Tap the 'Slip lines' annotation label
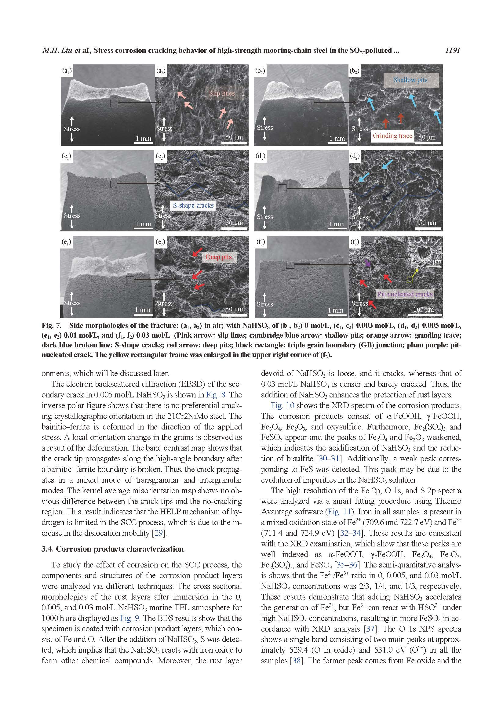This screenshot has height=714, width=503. point(221,93)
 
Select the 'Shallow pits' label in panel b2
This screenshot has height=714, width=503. point(410,80)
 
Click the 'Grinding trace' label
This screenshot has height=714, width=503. point(392,136)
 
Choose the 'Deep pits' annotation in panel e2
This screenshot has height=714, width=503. point(218,257)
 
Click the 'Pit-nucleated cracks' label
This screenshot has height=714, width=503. point(405,294)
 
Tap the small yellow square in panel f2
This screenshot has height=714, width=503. point(410,280)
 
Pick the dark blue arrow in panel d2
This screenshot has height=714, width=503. point(387,196)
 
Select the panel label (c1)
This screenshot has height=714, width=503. point(67,156)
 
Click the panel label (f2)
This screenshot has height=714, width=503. point(355,242)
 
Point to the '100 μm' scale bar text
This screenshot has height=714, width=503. point(423,310)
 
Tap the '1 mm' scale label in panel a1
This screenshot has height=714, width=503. point(144,139)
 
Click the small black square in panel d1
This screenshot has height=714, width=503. point(282,188)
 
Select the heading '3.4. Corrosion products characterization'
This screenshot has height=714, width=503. point(112,549)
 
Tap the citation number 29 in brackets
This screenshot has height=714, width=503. point(159,533)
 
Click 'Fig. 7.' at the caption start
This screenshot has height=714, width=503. point(51,326)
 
